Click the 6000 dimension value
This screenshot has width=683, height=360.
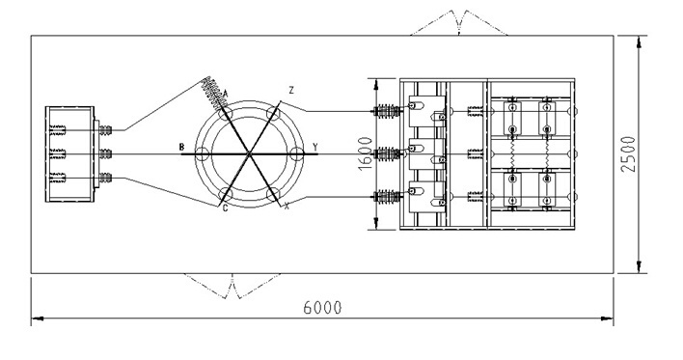(x=322, y=307)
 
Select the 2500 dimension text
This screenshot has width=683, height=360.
(x=629, y=154)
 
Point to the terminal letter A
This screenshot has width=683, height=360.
(x=226, y=93)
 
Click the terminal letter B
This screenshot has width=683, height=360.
(x=181, y=147)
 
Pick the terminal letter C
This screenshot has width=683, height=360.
(x=225, y=208)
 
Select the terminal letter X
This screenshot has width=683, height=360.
(x=287, y=208)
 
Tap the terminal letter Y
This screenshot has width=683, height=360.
(x=314, y=147)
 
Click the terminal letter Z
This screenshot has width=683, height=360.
(x=291, y=91)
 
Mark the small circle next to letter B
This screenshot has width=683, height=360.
(x=202, y=153)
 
